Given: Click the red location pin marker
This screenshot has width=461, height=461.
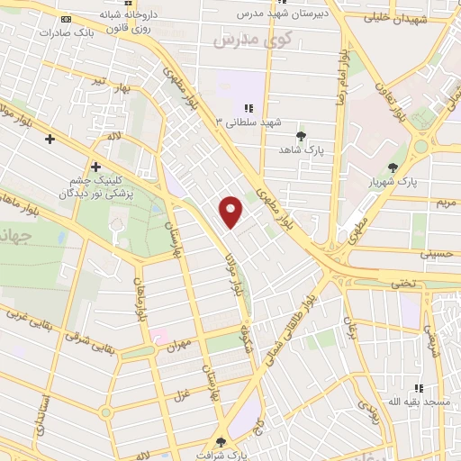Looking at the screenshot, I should (x=232, y=211).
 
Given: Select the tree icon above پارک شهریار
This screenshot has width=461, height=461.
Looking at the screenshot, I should (x=392, y=167).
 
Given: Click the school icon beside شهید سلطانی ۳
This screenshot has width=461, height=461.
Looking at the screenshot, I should (x=248, y=108).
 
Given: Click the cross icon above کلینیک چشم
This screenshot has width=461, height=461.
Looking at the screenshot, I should (x=95, y=167).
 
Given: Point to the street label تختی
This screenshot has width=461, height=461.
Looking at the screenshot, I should (x=402, y=283).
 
